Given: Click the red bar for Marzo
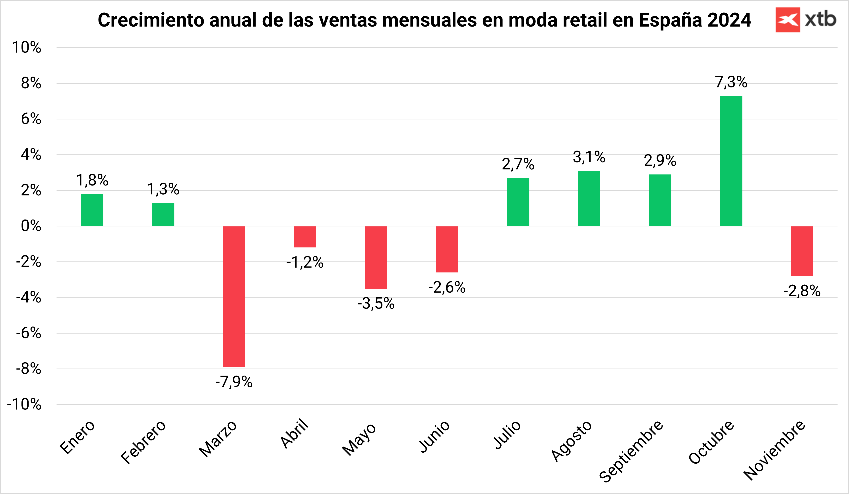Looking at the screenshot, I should click(234, 296).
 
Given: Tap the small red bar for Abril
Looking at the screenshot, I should click(305, 237).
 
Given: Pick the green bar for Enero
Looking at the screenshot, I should click(92, 210).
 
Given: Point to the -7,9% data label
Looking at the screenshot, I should click(234, 382).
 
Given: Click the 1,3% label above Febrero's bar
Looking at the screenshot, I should click(163, 189).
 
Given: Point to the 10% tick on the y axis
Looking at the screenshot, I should click(27, 48).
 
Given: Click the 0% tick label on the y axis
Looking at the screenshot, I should click(31, 226).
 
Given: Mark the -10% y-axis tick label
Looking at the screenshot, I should click(24, 404).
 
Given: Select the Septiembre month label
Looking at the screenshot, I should click(631, 451).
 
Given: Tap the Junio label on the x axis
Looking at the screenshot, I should click(434, 436).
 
